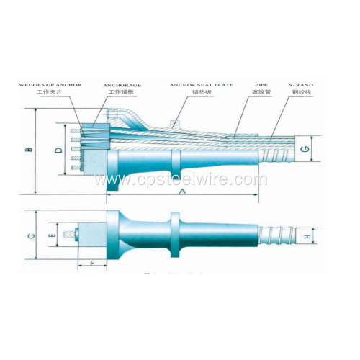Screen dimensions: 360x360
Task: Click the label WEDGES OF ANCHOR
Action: [x=51, y=85]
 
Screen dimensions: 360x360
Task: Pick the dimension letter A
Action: [x=182, y=192]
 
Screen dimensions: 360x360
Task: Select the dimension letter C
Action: [x=30, y=236]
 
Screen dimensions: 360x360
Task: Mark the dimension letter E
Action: [x=51, y=235]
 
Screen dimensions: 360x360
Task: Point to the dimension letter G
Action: [x=305, y=149]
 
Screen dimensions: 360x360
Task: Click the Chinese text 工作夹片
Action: [x=51, y=93]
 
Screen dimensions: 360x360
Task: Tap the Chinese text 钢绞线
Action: [x=300, y=93]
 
